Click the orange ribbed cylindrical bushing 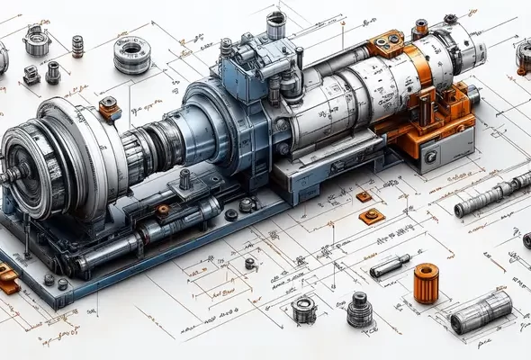pyautogui.click(x=427, y=283)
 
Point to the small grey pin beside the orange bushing pyautogui.click(x=390, y=266)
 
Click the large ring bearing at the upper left pyautogui.click(x=132, y=53)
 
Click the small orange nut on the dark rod pyautogui.click(x=163, y=210)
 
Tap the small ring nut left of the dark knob pyautogui.click(x=304, y=309)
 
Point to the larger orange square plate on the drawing pyautogui.click(x=372, y=216)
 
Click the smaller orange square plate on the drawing pyautogui.click(x=364, y=196)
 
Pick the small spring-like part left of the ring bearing pyautogui.click(x=77, y=45)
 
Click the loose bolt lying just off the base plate pyautogui.click(x=249, y=264)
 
